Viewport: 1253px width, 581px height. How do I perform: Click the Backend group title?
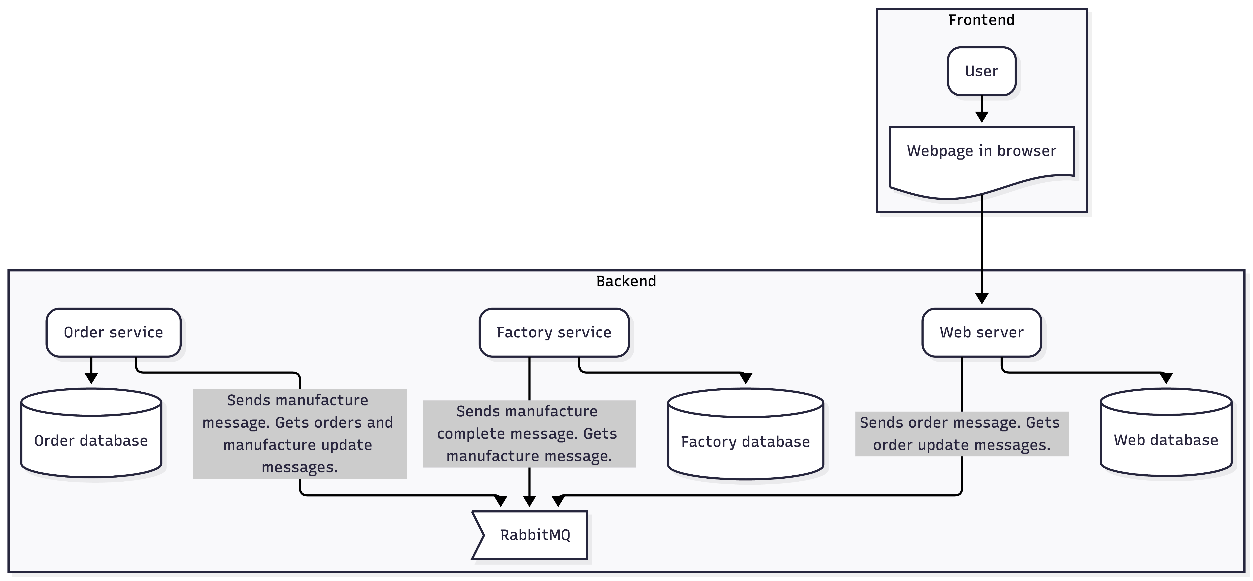(x=626, y=281)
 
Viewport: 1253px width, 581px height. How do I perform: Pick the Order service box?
(x=113, y=332)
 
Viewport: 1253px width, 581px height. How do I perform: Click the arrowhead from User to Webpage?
(x=981, y=117)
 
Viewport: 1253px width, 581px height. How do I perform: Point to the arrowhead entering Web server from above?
(x=981, y=299)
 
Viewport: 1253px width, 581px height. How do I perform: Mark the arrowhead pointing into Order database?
(x=91, y=378)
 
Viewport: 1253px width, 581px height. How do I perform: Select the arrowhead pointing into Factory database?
(x=745, y=378)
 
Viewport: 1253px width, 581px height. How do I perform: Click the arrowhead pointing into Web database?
(x=1166, y=378)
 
